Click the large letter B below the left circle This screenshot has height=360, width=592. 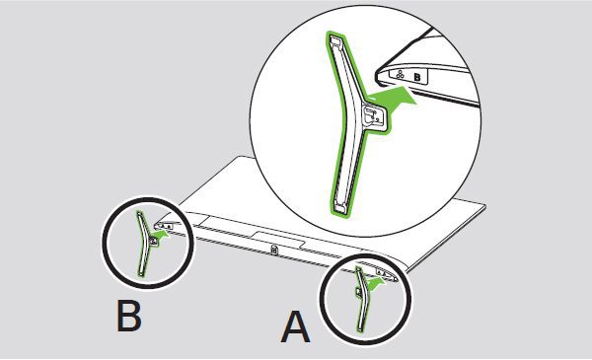129,316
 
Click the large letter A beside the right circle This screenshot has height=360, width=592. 296,326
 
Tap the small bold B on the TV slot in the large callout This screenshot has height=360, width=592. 417,77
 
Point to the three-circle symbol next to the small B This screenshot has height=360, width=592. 400,74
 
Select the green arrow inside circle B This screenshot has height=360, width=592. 162,237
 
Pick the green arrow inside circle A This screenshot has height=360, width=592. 375,283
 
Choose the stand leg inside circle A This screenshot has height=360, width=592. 360,298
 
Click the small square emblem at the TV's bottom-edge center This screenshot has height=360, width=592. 274,250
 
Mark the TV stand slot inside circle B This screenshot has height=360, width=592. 164,227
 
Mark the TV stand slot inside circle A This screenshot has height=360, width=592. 386,274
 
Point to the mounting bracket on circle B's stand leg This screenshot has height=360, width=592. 153,240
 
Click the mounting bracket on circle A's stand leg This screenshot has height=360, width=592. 358,291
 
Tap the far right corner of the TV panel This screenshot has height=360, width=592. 485,206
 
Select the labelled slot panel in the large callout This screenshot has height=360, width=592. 408,75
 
